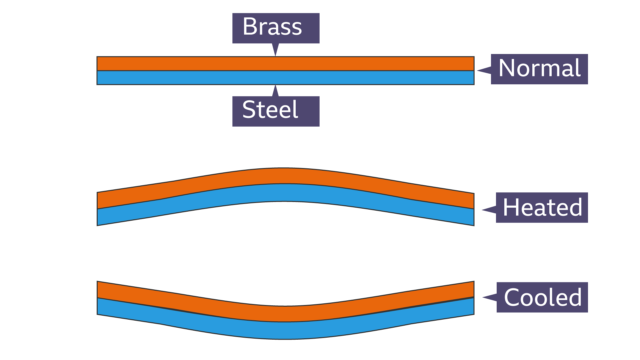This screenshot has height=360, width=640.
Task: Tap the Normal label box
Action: pyautogui.click(x=539, y=69)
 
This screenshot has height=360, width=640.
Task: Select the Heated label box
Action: pyautogui.click(x=542, y=207)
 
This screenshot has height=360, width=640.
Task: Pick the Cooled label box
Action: pyautogui.click(x=542, y=297)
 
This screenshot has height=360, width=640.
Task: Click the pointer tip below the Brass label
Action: pyautogui.click(x=275, y=55)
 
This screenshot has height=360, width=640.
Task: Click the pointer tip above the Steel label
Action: pyautogui.click(x=275, y=86)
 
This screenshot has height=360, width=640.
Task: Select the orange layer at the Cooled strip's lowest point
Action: pyautogui.click(x=285, y=314)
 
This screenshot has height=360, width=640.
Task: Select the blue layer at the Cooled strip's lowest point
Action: pyautogui.click(x=285, y=331)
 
